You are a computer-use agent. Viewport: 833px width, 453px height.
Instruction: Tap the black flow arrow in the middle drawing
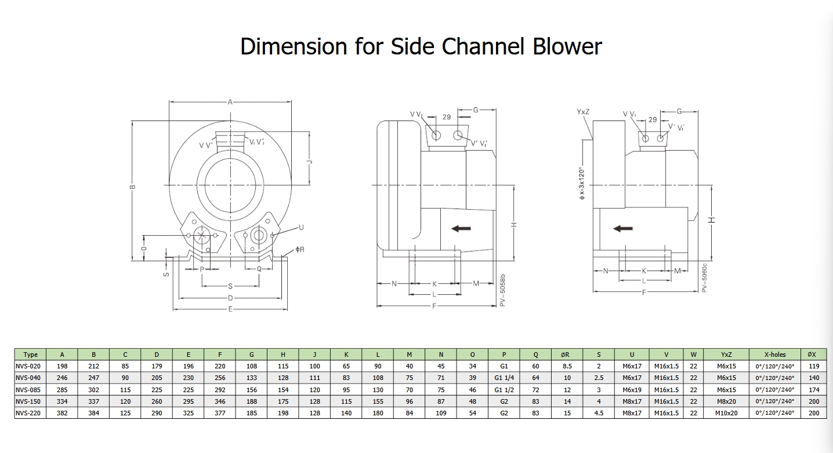click(x=461, y=228)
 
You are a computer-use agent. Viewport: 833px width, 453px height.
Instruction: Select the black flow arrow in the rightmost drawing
click(x=623, y=228)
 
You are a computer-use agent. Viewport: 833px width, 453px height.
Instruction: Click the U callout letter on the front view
click(x=301, y=226)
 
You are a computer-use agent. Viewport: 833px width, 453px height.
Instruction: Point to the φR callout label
click(x=300, y=250)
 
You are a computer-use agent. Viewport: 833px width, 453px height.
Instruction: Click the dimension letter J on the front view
click(x=310, y=162)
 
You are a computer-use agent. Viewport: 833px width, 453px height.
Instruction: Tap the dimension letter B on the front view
click(x=132, y=187)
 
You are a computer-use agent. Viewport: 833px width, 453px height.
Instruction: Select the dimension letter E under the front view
click(x=230, y=309)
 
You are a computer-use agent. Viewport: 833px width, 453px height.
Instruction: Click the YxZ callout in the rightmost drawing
click(x=583, y=111)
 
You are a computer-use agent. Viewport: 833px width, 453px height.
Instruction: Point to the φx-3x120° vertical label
click(x=582, y=183)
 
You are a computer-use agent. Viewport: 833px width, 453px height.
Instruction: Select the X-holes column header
click(x=774, y=355)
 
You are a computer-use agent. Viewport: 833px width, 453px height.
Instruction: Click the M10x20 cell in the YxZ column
click(x=726, y=413)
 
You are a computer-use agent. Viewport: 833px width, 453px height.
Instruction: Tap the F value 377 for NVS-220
click(x=220, y=413)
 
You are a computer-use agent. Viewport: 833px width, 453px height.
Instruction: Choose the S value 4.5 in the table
click(x=599, y=413)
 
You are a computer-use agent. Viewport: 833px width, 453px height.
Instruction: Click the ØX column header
click(x=813, y=355)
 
